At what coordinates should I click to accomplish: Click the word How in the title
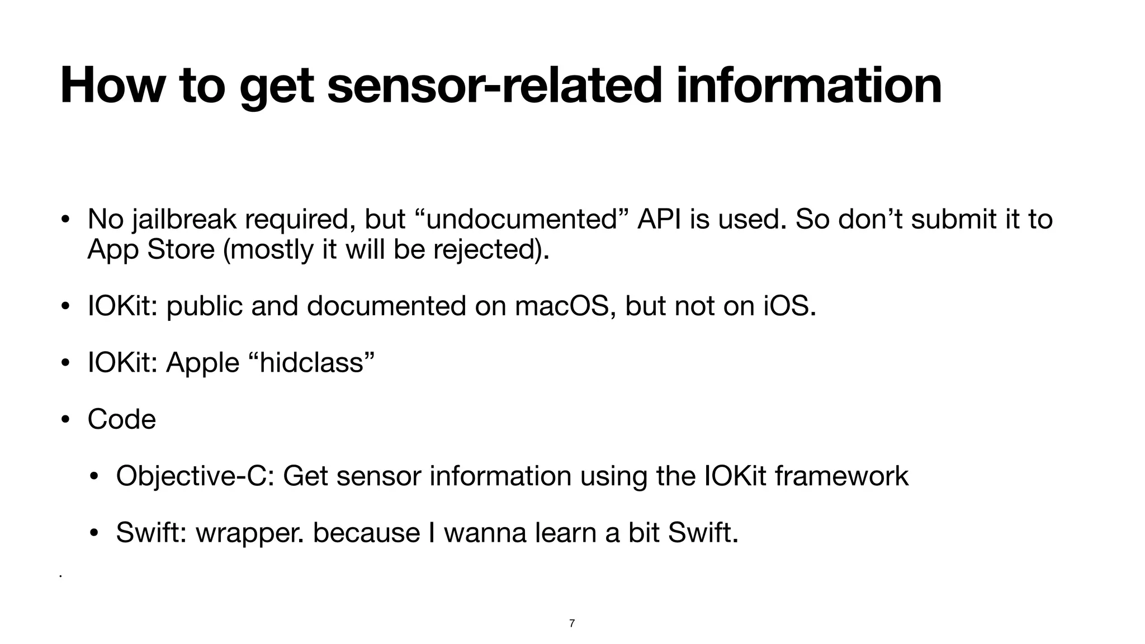[111, 86]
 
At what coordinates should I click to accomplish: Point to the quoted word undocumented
[521, 219]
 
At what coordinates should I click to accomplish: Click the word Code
[122, 419]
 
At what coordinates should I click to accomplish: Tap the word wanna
[485, 533]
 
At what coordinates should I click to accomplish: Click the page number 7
[572, 623]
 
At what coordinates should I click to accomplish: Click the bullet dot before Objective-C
[94, 477]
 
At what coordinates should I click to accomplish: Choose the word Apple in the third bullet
[203, 363]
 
